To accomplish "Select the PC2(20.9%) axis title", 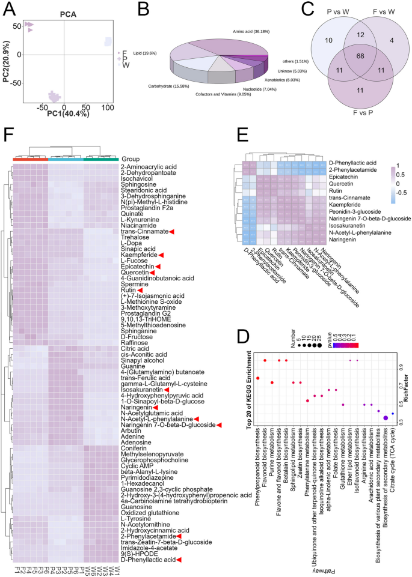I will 7,54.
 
